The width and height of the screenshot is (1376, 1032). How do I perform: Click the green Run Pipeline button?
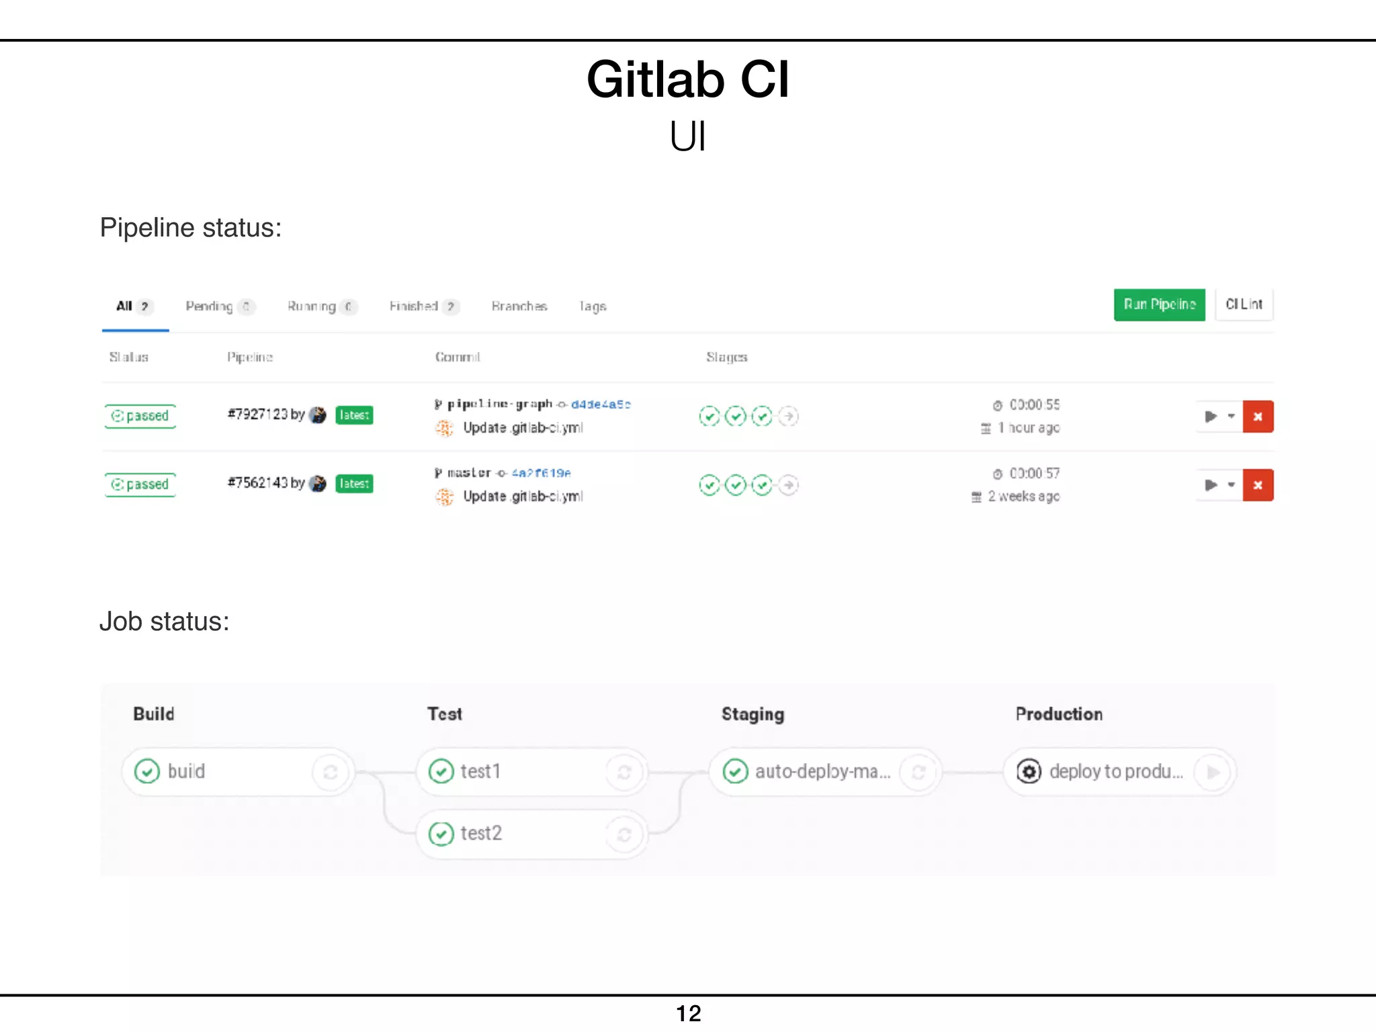click(1159, 304)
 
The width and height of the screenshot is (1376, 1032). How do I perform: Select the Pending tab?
click(209, 306)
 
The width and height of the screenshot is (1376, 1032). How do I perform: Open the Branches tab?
click(519, 306)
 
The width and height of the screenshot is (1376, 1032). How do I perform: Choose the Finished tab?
click(414, 306)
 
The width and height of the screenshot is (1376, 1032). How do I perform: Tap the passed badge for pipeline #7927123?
click(140, 416)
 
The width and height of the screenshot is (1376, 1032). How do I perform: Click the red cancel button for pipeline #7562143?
click(1258, 485)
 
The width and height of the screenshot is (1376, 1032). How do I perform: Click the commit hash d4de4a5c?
click(601, 404)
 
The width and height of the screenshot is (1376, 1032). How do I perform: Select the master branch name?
click(469, 473)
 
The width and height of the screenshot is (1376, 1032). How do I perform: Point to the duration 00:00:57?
click(1034, 474)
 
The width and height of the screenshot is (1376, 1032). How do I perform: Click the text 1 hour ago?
click(1029, 428)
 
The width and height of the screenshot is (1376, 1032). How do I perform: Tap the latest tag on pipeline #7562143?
click(354, 484)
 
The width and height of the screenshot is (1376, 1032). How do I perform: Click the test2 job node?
click(481, 834)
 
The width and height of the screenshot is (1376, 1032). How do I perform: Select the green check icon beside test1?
click(441, 771)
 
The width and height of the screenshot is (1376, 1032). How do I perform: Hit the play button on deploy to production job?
click(1213, 772)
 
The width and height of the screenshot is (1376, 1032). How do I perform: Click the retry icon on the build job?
click(331, 772)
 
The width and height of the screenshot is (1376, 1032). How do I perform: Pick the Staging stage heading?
click(752, 714)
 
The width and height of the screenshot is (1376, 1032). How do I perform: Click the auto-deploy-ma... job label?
click(822, 772)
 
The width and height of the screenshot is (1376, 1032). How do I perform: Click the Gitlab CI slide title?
click(687, 79)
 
